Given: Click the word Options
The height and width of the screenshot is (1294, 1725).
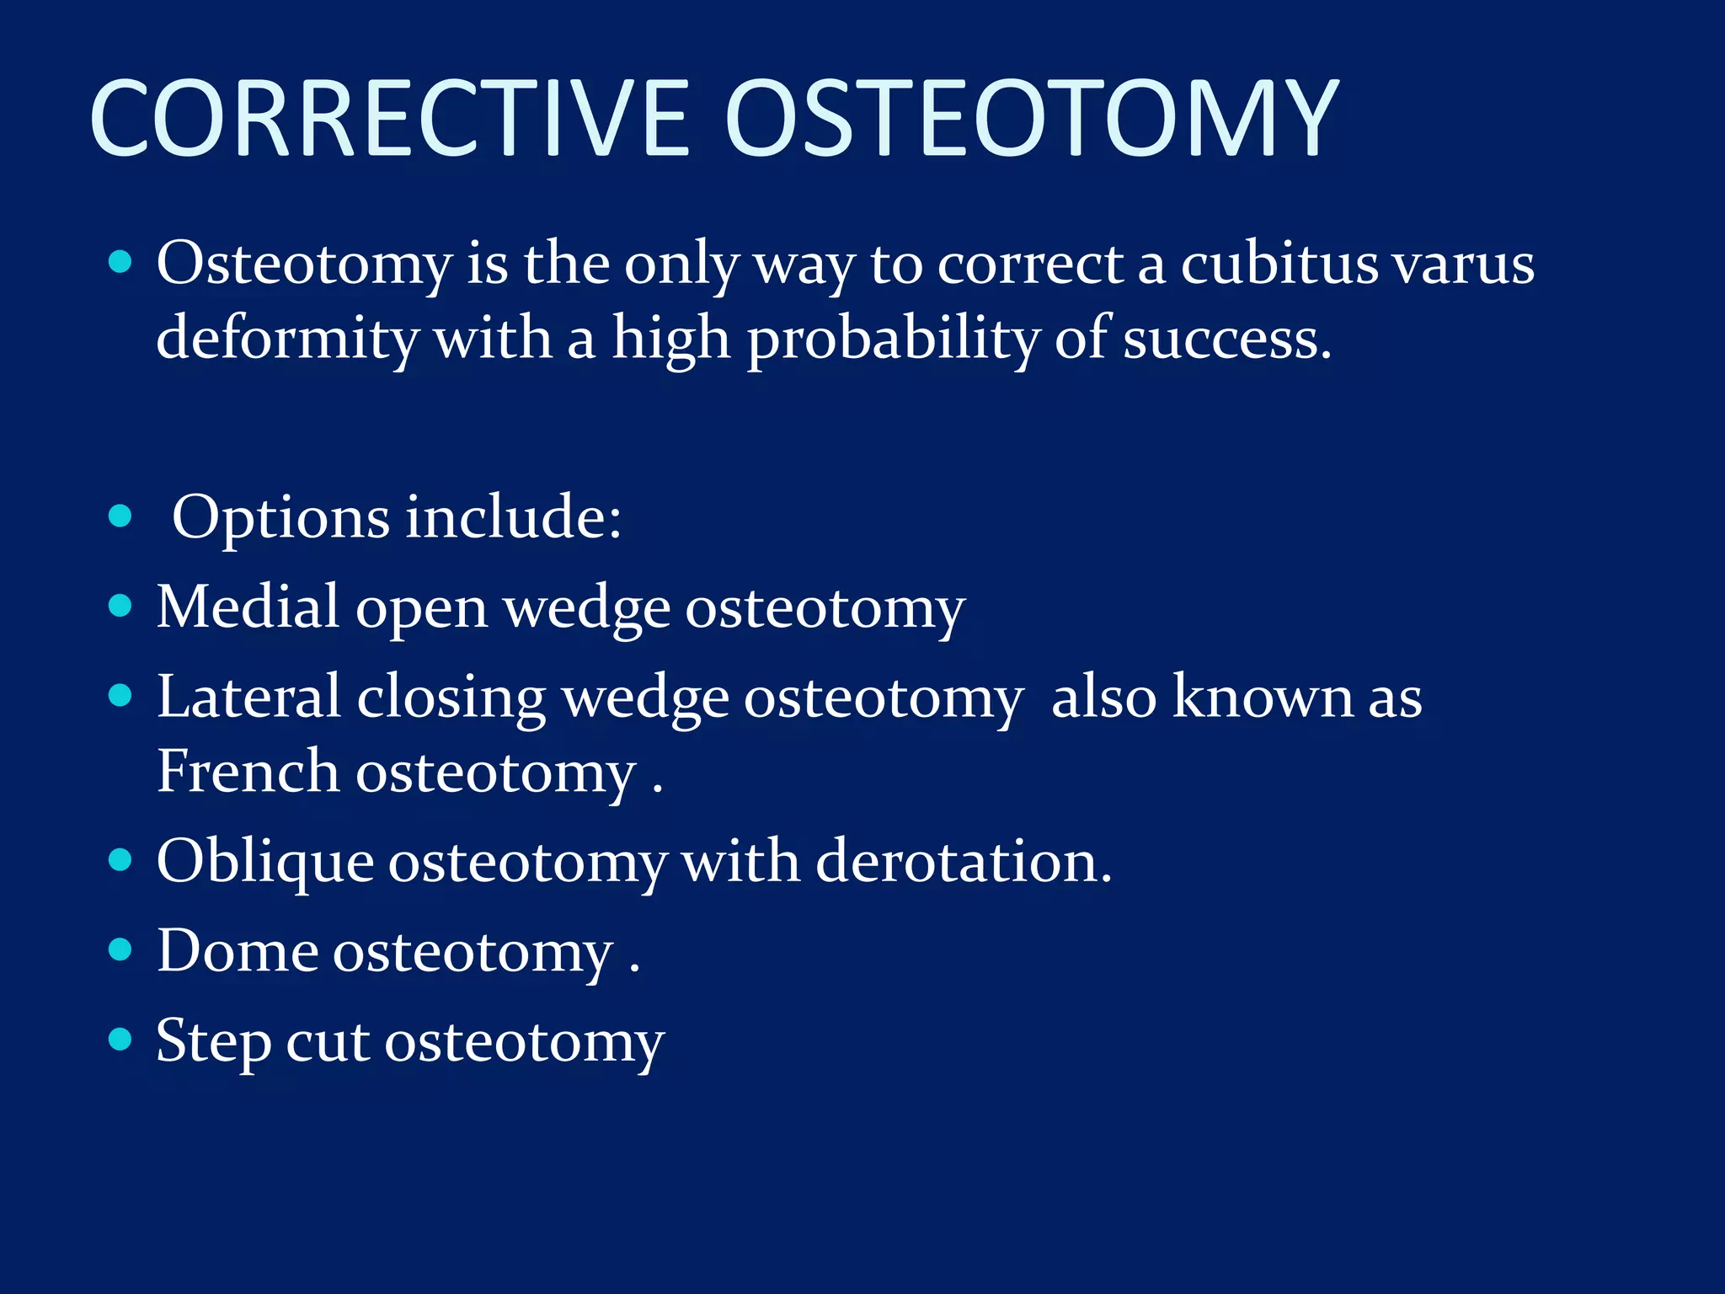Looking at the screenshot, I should (x=280, y=518).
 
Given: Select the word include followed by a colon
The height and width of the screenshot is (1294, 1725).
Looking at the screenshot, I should (x=513, y=516).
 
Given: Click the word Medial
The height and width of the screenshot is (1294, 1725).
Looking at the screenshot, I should (x=248, y=607).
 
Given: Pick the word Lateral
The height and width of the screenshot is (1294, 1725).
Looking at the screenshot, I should (x=248, y=697).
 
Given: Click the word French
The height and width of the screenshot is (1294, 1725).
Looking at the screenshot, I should (x=248, y=771).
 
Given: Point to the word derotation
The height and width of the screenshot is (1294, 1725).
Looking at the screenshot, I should (x=963, y=861).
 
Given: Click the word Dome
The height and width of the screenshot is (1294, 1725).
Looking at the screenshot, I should (x=238, y=951).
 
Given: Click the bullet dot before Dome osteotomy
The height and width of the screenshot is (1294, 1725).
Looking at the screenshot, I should (x=121, y=949).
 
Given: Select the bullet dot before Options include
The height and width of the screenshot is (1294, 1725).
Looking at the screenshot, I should (x=121, y=516).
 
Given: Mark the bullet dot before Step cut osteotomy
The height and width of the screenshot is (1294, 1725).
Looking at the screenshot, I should (x=121, y=1040).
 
